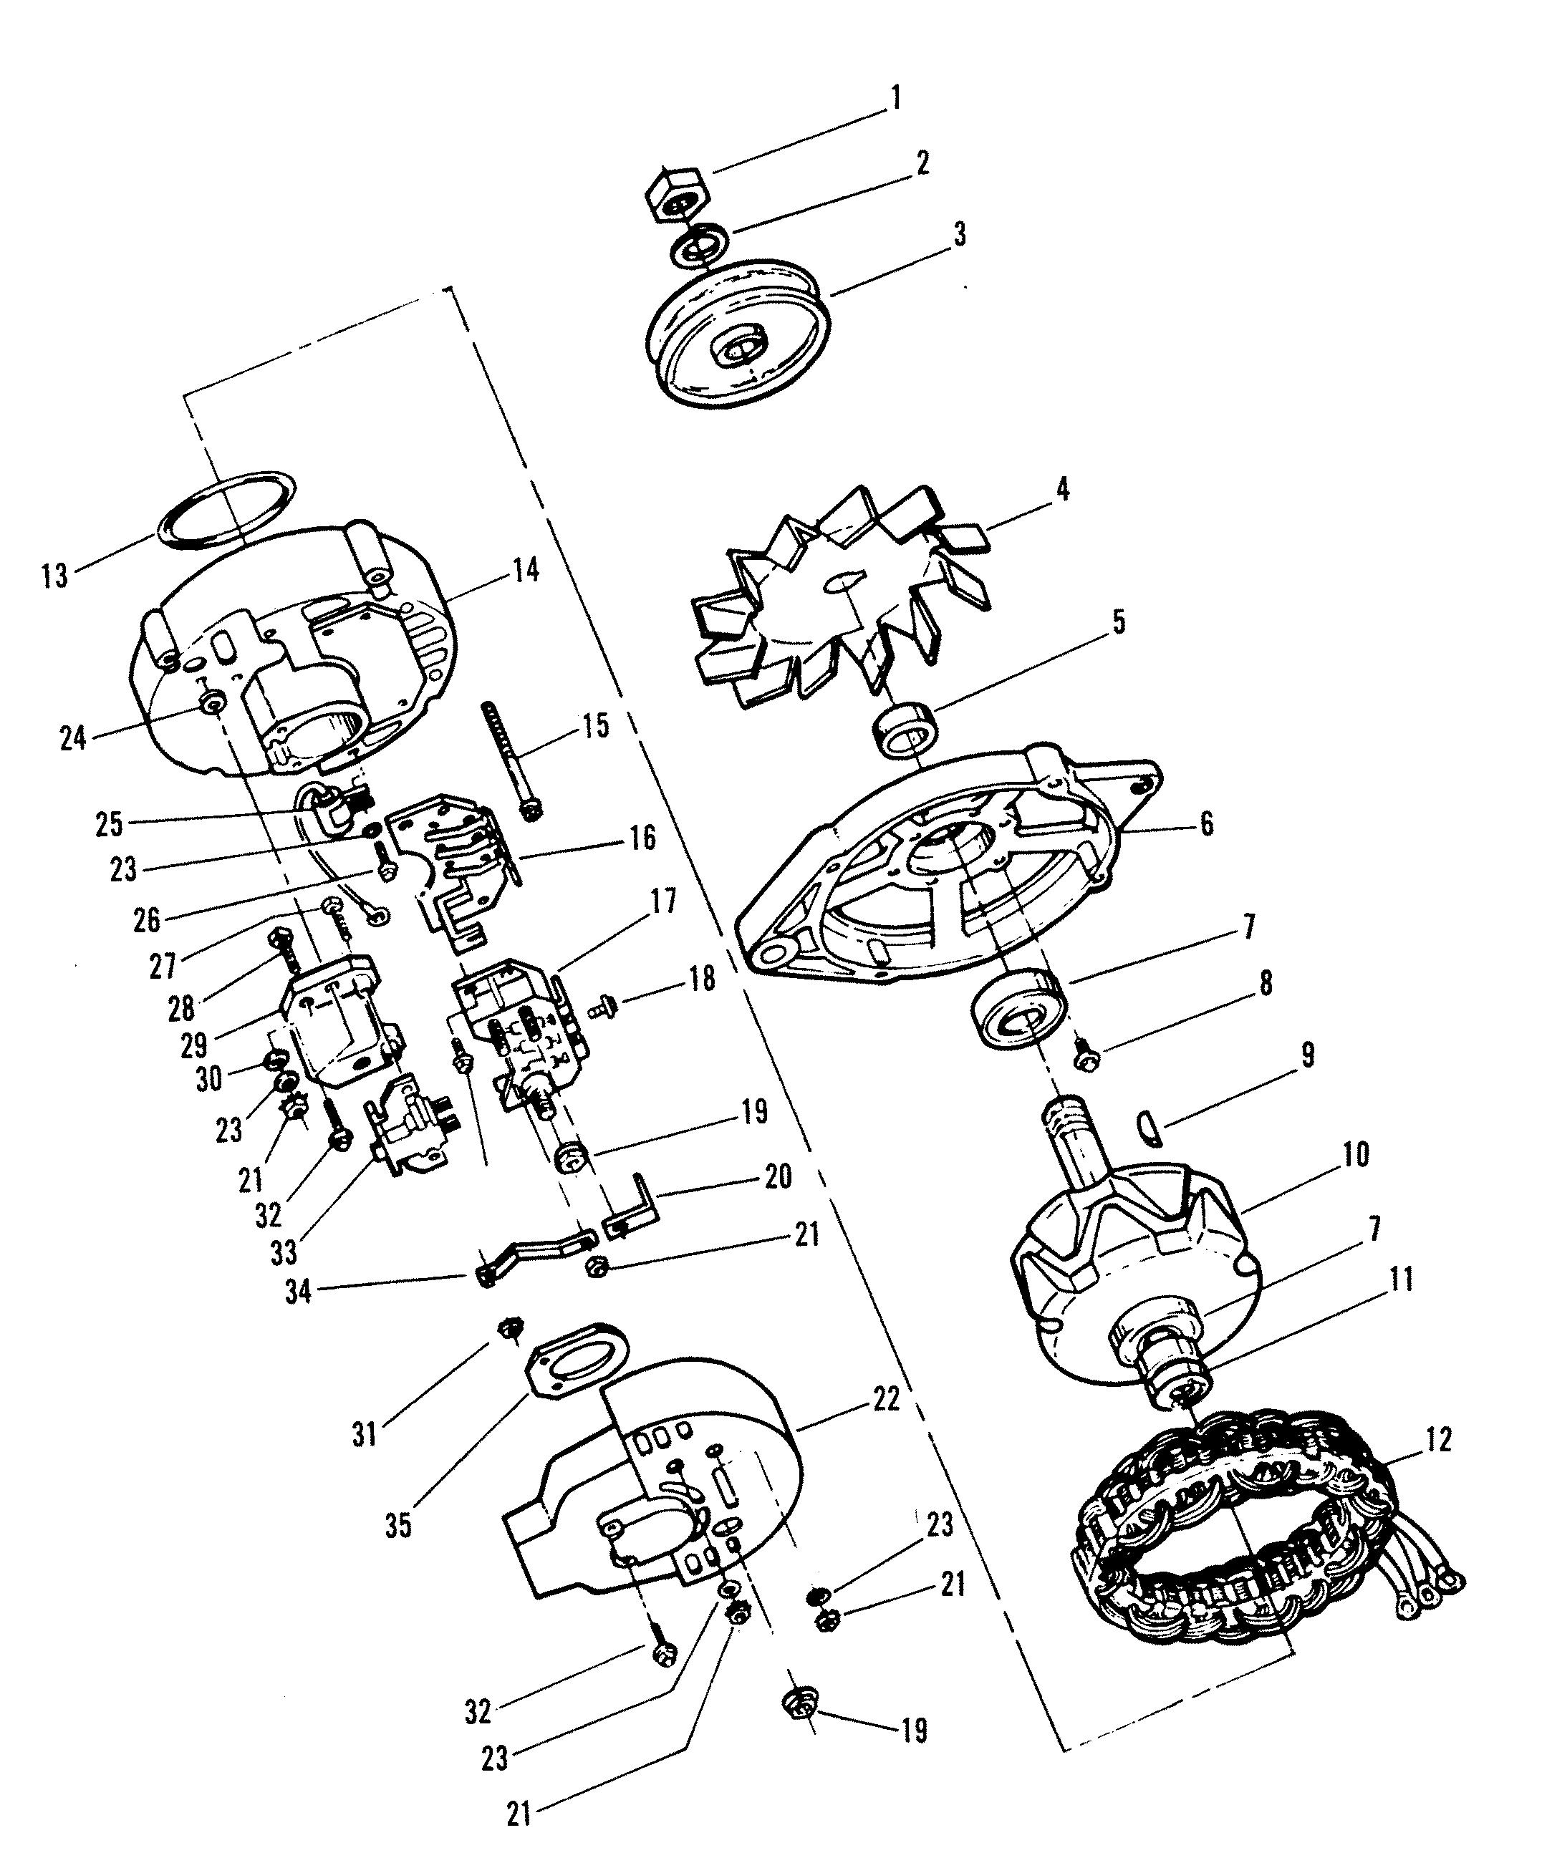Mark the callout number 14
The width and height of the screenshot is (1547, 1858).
coord(525,571)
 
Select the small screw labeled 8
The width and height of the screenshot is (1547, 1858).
coord(1085,1054)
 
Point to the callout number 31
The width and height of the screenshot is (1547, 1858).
coord(365,1433)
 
